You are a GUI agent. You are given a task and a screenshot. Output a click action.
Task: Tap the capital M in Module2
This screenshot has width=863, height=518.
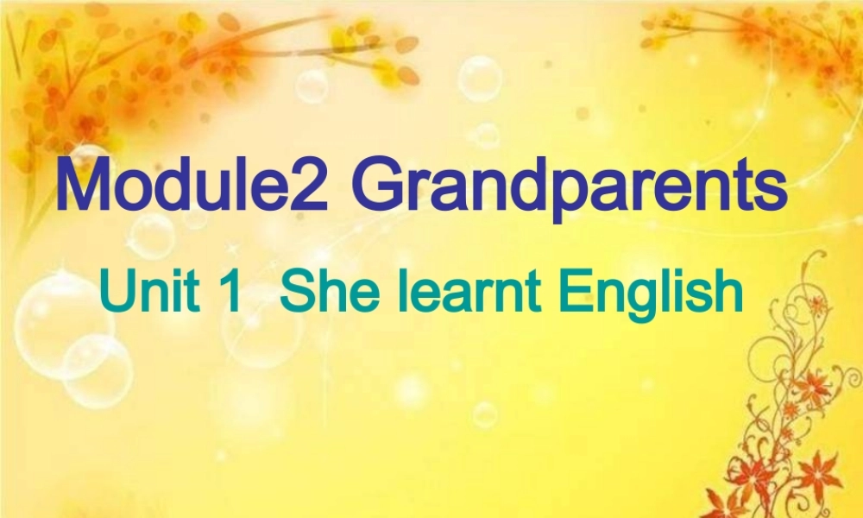click(x=83, y=186)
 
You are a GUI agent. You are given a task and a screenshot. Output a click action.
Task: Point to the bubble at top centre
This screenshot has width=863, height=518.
click(x=480, y=79)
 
